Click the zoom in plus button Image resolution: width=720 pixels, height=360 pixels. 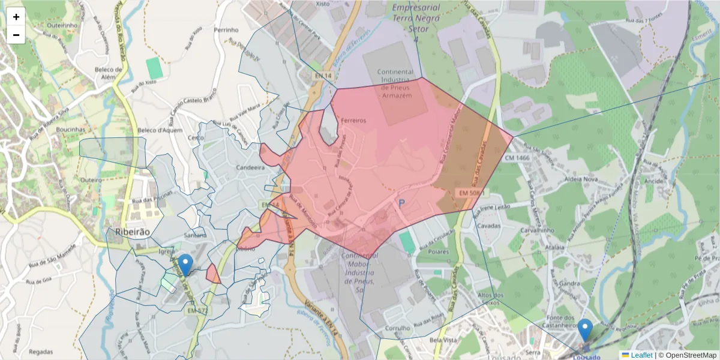click(16, 17)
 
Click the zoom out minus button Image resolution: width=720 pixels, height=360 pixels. click(16, 35)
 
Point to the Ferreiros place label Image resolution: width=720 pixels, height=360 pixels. click(353, 120)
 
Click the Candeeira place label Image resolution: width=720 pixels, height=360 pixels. click(251, 167)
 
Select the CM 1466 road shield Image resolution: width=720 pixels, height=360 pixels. click(517, 158)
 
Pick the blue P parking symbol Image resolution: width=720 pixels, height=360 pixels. click(402, 205)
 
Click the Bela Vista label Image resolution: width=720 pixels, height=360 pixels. click(444, 340)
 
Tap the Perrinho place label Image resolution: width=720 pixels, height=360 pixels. click(226, 29)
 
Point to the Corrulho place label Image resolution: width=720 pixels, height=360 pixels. click(398, 328)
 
